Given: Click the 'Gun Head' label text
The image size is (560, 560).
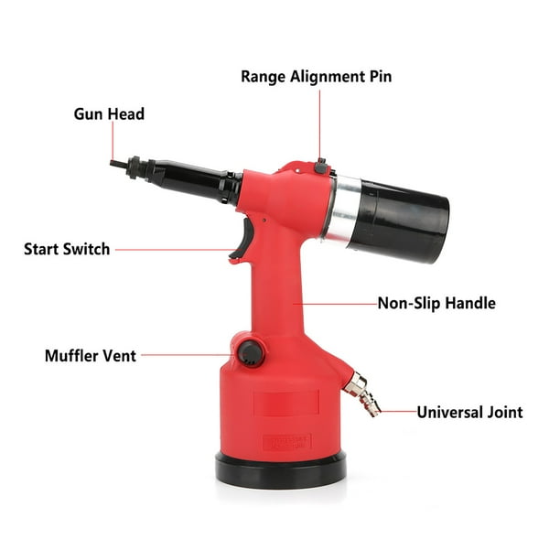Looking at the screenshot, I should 109,114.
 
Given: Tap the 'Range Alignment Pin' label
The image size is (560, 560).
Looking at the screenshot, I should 316,76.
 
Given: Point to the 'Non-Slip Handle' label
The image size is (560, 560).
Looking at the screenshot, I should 436,302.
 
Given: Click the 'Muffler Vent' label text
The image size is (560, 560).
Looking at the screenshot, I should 90,355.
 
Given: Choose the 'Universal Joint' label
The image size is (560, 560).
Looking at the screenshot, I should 469,412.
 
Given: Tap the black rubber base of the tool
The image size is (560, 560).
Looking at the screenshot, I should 281,468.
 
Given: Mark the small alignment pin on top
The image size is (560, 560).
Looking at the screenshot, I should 320,166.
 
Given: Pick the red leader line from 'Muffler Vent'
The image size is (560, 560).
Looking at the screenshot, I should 188,354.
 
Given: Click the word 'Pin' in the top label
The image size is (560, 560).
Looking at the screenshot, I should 378,76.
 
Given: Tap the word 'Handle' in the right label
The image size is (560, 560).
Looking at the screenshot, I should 469,302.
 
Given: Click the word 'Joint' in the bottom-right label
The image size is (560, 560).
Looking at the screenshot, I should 502,412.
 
